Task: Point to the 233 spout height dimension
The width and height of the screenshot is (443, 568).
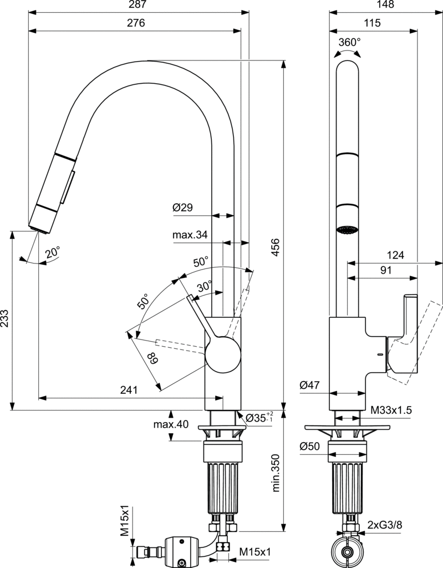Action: [5, 321]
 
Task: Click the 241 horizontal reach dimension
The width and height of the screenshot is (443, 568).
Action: [128, 390]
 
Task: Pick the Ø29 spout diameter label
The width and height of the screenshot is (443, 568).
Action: [182, 207]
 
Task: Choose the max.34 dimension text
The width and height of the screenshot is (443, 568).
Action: [190, 235]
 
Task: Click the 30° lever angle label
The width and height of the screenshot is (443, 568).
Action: [205, 286]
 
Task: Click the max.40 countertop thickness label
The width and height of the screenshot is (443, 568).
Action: [171, 425]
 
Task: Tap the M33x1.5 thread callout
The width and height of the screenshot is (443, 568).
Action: [391, 410]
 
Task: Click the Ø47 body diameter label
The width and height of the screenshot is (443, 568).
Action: [311, 385]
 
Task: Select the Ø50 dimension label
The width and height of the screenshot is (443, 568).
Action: [311, 447]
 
